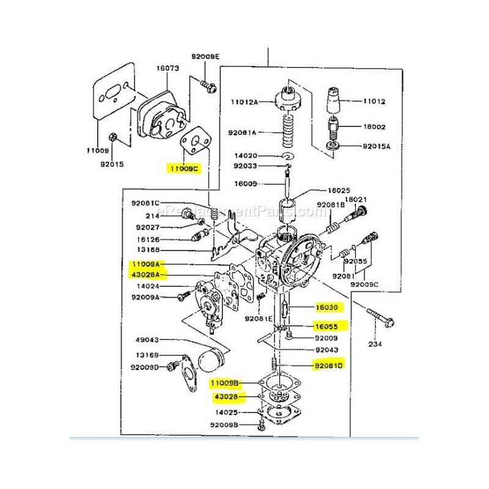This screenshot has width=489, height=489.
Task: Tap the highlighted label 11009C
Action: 185,167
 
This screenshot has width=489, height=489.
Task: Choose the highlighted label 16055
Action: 330,326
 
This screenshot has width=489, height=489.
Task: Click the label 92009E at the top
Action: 205,56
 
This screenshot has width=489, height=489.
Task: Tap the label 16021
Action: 355,199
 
